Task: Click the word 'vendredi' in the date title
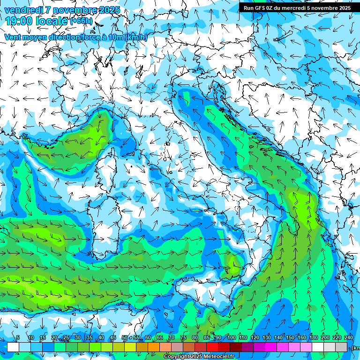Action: click(x=23, y=10)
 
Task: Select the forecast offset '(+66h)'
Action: click(x=81, y=21)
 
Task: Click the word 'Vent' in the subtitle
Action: click(x=13, y=37)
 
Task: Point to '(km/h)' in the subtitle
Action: click(x=136, y=37)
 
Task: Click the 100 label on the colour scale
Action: click(x=232, y=338)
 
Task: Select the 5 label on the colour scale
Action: click(x=18, y=338)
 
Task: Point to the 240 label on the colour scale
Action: click(x=349, y=338)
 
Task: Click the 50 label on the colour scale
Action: click(x=125, y=338)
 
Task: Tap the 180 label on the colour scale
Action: click(x=313, y=338)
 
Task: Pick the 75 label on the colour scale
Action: click(x=183, y=338)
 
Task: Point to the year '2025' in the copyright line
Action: click(x=195, y=357)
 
